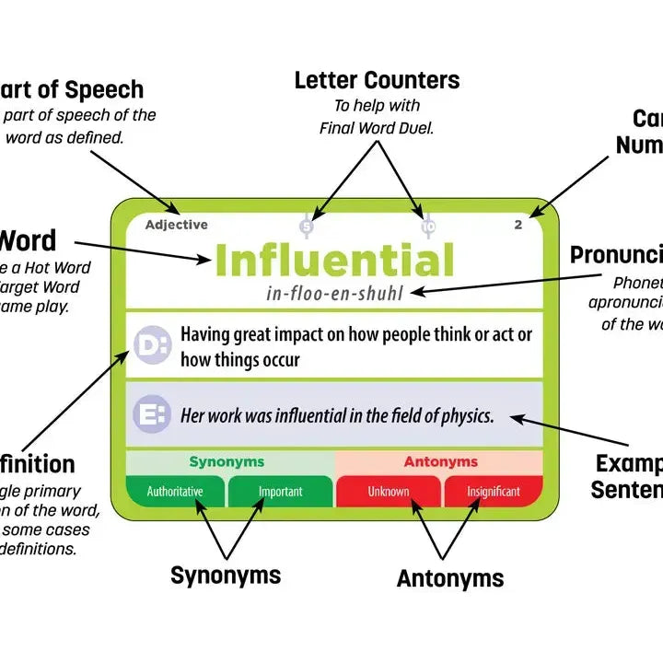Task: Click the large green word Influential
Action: (334, 261)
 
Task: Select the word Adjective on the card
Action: (176, 225)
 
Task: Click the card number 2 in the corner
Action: (518, 225)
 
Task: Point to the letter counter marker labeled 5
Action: (307, 227)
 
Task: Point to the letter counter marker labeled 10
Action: (427, 227)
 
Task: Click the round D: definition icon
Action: (151, 344)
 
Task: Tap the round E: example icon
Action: (151, 414)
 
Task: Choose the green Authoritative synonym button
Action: (175, 491)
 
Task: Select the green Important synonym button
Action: (280, 491)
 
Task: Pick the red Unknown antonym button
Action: (389, 491)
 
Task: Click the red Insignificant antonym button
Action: (493, 491)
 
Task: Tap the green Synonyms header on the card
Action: (227, 462)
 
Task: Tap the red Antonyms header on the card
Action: (440, 462)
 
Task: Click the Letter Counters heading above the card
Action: (377, 81)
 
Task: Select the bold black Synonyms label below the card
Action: (226, 576)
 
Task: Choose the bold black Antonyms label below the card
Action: (450, 578)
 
